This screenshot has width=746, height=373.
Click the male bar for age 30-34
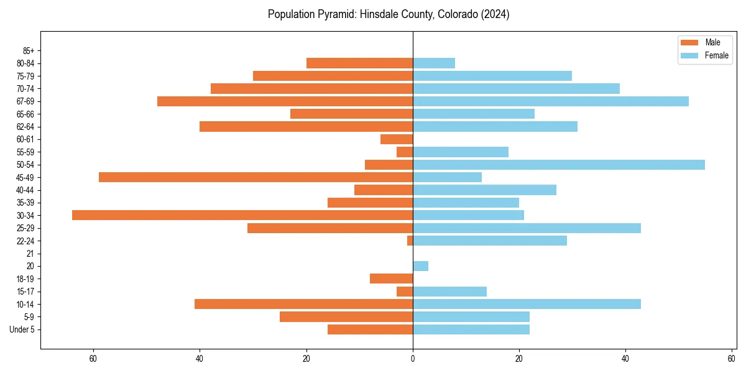coord(242,215)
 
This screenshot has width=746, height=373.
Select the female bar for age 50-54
coord(559,165)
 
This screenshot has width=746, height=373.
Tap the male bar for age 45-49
coord(256,177)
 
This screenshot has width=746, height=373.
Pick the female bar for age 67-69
coord(551,101)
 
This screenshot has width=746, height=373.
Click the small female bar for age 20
coord(421,266)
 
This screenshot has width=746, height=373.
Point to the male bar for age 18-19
coord(392,279)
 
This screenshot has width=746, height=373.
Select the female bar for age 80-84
coord(434,63)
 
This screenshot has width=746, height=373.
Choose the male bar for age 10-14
coord(303,304)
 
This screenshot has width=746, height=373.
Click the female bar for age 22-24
coord(490,241)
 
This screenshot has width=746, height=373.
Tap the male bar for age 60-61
coord(397,139)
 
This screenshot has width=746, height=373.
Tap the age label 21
coord(30,254)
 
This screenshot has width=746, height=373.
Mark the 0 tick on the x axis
coord(413,359)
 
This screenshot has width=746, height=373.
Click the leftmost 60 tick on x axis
coord(93,359)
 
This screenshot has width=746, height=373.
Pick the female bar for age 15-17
coord(450,292)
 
